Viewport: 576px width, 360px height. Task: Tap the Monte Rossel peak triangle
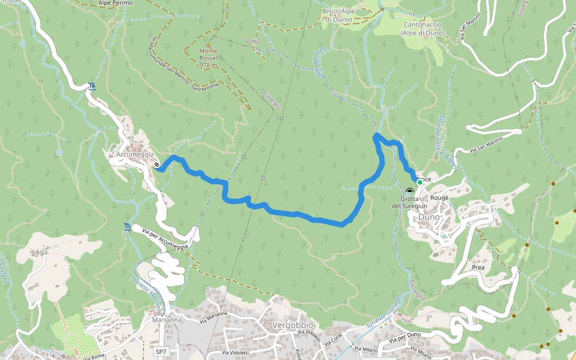(x=208, y=45)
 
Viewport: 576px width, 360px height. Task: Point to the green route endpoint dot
(x=419, y=182)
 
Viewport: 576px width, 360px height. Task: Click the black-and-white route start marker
(x=157, y=164)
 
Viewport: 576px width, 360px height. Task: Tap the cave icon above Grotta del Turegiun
(x=409, y=191)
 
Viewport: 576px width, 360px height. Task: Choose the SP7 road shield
(x=160, y=351)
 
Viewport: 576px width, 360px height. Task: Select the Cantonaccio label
(x=423, y=25)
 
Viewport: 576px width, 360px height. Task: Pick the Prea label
(x=478, y=268)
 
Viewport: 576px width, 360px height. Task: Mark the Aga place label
(x=41, y=252)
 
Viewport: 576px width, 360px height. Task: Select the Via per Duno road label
(x=405, y=337)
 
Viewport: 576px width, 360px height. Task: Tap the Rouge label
(x=439, y=197)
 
